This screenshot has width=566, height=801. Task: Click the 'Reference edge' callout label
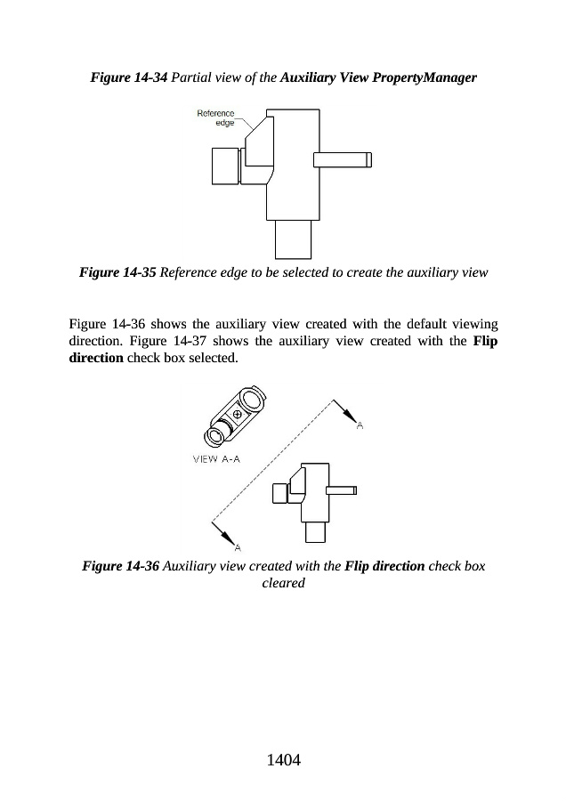(x=216, y=117)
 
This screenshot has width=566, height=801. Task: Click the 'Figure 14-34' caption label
(x=128, y=78)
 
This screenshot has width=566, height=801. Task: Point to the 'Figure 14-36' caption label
(x=120, y=566)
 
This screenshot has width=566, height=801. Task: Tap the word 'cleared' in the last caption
(x=283, y=583)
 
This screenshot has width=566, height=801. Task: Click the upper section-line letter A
(x=360, y=426)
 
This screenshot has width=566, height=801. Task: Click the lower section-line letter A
(x=239, y=546)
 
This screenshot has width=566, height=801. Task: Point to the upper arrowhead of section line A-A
(x=350, y=416)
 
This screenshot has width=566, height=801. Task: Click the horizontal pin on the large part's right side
(x=342, y=160)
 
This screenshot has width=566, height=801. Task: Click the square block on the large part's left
(x=224, y=166)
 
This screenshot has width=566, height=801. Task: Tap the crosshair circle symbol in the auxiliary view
(x=237, y=415)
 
